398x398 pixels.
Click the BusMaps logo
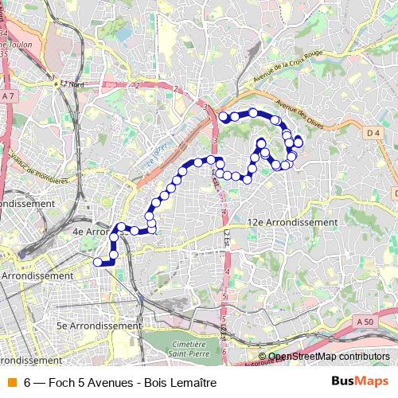(360, 382)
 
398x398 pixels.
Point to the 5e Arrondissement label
(98, 326)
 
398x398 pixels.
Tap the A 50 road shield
(365, 321)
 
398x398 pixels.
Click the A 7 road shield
(8, 96)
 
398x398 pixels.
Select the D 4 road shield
(374, 134)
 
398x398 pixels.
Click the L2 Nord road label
(72, 83)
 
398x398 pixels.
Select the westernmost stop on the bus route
(98, 262)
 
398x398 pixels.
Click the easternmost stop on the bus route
(298, 142)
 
